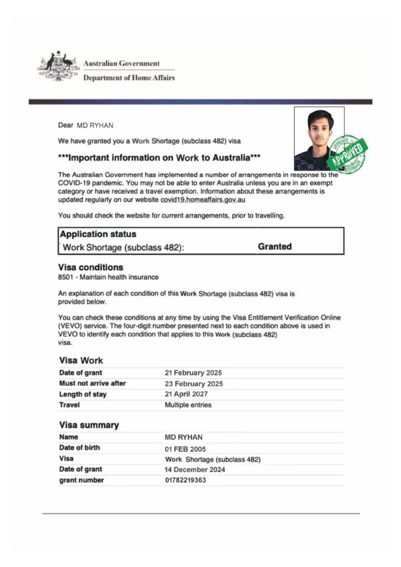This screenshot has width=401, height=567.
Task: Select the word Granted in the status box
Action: (x=275, y=246)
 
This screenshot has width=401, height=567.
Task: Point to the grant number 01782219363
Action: (x=186, y=480)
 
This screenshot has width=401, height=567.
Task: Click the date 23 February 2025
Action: (x=193, y=383)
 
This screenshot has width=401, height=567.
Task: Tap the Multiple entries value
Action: (x=188, y=405)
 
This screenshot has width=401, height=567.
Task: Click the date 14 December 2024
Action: (x=194, y=470)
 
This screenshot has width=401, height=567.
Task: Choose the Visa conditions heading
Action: (x=91, y=267)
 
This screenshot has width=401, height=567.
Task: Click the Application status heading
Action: (x=98, y=234)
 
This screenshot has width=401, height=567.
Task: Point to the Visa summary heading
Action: (x=89, y=425)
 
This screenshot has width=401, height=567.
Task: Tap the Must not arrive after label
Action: (x=92, y=383)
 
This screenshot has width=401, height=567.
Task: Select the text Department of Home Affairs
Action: (x=128, y=78)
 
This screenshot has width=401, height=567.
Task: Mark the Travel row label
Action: (x=69, y=405)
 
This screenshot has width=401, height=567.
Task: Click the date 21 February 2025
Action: (x=193, y=373)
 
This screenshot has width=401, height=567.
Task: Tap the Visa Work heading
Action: (x=81, y=360)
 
